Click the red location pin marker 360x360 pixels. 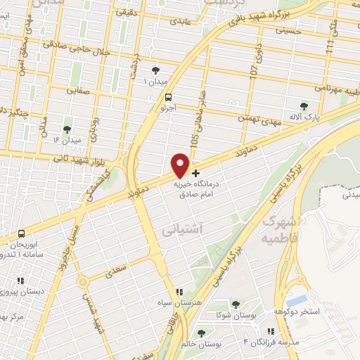[x=181, y=165]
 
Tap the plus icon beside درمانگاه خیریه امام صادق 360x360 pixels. [x=195, y=172]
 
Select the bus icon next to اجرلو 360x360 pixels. [x=167, y=99]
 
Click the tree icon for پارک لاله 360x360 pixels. [x=304, y=106]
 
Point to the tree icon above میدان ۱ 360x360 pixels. [x=155, y=70]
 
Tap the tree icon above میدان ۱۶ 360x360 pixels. [x=67, y=129]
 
